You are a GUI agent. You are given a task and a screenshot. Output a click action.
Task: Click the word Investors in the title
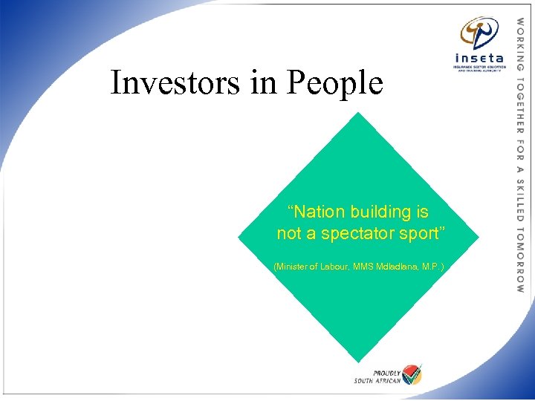pos(175,82)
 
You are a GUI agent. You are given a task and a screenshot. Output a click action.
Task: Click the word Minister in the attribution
pos(291,266)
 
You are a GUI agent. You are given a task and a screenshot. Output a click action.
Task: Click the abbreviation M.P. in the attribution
pos(432,266)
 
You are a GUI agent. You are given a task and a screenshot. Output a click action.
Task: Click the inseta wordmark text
pos(479,57)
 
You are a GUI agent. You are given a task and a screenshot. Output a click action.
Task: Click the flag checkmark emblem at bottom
pos(411,374)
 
